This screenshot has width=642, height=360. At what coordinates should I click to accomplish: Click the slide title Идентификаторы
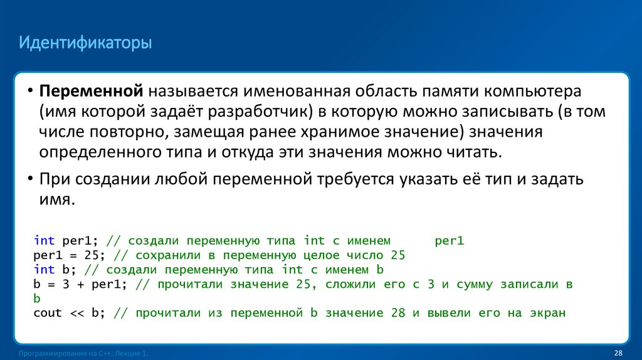85,45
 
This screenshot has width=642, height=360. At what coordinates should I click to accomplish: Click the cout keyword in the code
48,313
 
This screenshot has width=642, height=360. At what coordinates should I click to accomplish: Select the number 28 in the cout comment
397,313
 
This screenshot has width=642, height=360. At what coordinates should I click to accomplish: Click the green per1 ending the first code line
449,241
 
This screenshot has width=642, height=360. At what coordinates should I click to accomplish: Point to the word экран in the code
548,313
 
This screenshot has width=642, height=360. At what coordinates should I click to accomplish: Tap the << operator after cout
76,313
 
